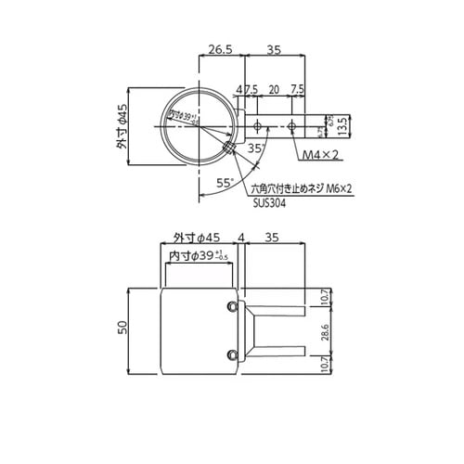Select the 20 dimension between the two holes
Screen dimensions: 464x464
273,90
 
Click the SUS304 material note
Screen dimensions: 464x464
267,204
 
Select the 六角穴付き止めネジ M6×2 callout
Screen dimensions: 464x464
304,189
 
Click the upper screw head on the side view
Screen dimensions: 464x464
231,305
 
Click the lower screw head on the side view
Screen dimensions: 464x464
231,352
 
